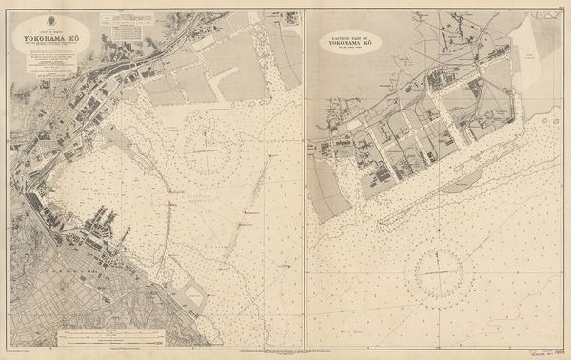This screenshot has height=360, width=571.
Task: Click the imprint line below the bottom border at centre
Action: [285, 353]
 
